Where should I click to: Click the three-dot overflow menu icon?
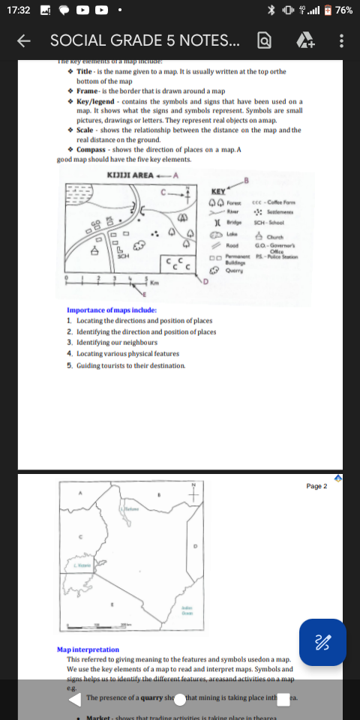(341, 40)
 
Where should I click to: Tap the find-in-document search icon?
(264, 40)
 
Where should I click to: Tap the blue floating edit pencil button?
(322, 642)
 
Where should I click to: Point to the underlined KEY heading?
(218, 192)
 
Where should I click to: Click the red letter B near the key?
(245, 178)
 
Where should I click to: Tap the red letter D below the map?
(204, 282)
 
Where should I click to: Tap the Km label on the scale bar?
(154, 283)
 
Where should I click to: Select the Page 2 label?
(317, 486)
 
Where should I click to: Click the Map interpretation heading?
(88, 649)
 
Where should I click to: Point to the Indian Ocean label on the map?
(187, 609)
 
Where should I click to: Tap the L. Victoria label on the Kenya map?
(82, 565)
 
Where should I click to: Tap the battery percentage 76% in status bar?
(344, 10)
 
